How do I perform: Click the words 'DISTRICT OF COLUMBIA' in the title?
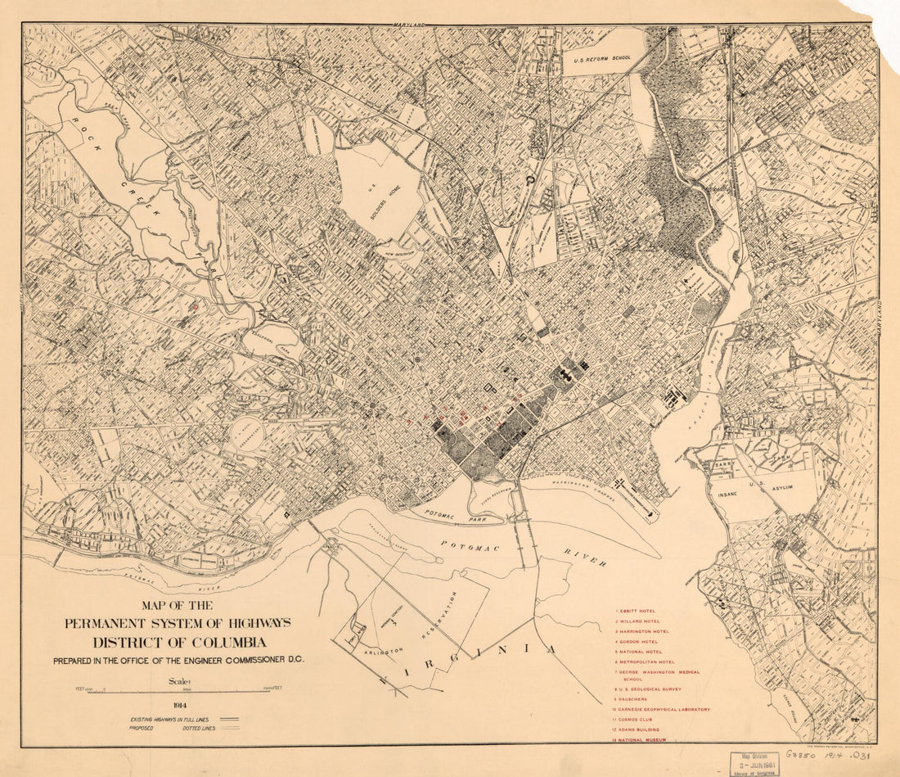pos(178,641)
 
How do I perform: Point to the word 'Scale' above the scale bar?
pos(178,680)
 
